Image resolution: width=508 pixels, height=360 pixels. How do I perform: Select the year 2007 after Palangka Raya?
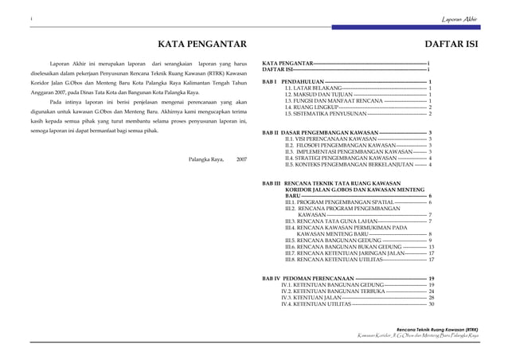[241, 159]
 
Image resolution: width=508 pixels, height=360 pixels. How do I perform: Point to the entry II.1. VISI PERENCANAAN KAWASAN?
[330, 139]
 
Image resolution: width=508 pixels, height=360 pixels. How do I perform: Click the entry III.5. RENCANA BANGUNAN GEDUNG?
[334, 241]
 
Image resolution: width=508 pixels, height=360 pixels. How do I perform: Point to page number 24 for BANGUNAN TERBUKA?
[432, 292]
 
